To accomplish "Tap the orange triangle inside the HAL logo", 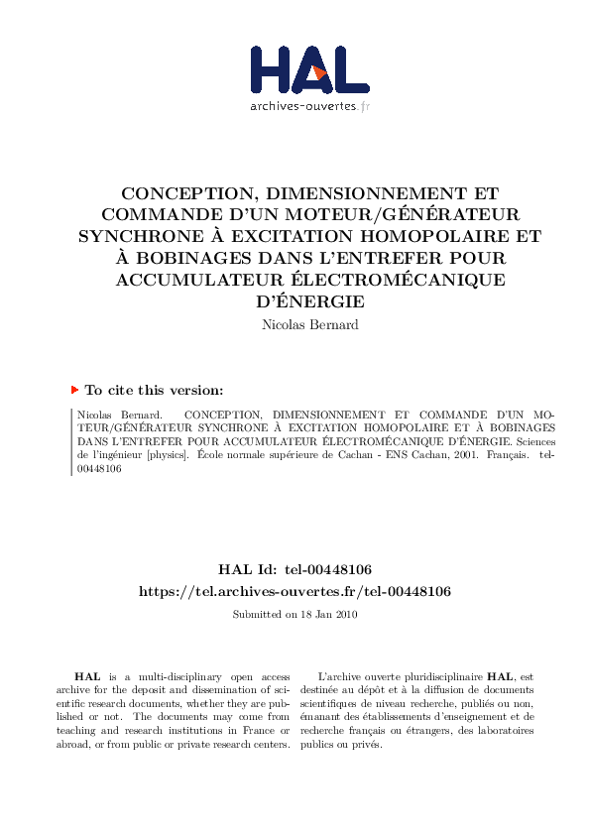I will click(x=316, y=71).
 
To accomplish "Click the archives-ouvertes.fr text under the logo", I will click(x=309, y=105).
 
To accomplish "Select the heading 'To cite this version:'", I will click(x=154, y=391).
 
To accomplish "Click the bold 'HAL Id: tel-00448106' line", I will click(x=295, y=569).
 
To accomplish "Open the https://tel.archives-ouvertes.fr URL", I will click(x=295, y=591).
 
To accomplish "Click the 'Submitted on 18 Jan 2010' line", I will click(x=295, y=615).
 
